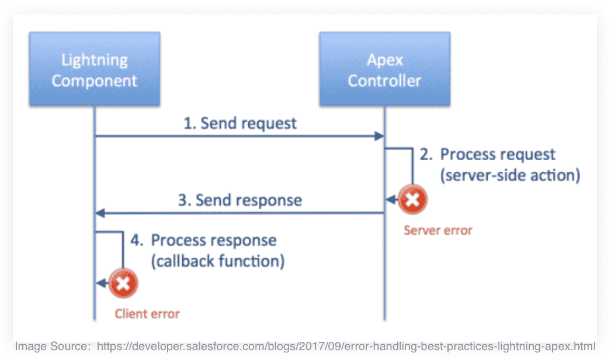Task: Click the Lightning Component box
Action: click(95, 68)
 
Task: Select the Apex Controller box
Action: click(384, 68)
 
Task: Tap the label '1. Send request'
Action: click(240, 123)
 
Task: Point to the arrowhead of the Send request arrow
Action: click(379, 136)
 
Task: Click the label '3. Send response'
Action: click(240, 200)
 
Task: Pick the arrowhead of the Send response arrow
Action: click(100, 213)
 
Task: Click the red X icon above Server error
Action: click(412, 200)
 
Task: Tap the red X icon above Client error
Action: click(123, 283)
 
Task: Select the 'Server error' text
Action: click(438, 230)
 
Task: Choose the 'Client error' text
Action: click(147, 314)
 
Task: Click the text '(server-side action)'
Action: click(510, 175)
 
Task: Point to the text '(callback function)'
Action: click(218, 261)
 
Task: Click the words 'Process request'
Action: click(498, 154)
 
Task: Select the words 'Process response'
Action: click(214, 240)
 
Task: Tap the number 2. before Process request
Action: click(426, 154)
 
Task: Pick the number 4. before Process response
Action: click(137, 240)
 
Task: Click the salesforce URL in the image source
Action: click(346, 347)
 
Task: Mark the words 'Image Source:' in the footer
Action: click(53, 347)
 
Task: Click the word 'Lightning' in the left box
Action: click(95, 60)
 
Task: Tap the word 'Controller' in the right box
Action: click(384, 81)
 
